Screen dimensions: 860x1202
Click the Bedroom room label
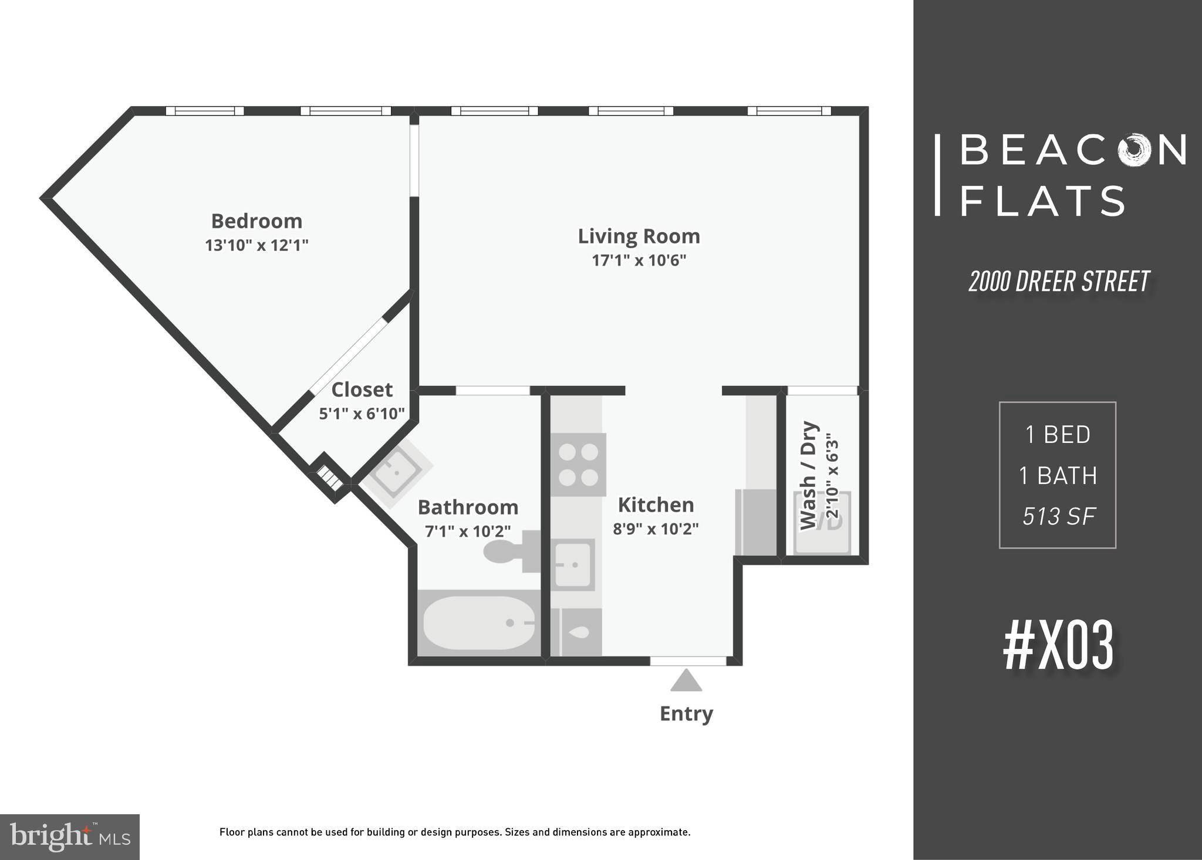(x=256, y=221)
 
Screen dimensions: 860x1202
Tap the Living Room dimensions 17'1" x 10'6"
(x=639, y=260)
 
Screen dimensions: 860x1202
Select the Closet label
(x=362, y=390)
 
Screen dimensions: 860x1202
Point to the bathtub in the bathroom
(x=479, y=623)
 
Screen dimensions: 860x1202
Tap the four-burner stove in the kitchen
(x=578, y=465)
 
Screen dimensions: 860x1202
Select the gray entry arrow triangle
(x=686, y=681)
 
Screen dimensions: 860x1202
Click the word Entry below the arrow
(x=686, y=713)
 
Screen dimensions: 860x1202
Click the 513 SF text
(x=1059, y=516)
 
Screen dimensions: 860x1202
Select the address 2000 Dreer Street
(x=1059, y=282)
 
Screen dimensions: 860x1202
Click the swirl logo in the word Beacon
(x=1137, y=150)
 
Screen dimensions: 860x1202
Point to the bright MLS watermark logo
(x=70, y=837)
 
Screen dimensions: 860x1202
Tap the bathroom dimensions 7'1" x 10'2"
(x=468, y=531)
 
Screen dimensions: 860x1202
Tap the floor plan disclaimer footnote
(x=455, y=832)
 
